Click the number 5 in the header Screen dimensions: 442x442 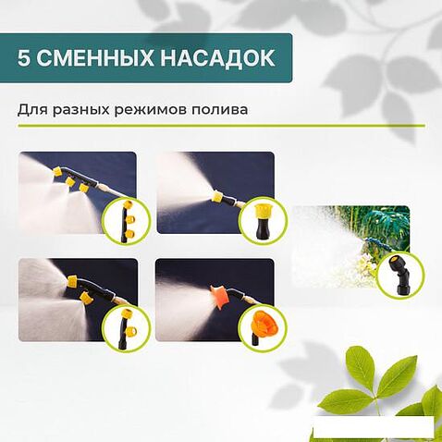pyautogui.click(x=24, y=58)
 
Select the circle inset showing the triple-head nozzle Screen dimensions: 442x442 pyautogui.click(x=121, y=218)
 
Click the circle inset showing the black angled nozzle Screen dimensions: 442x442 pyautogui.click(x=400, y=275)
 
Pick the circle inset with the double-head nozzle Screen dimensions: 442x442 pyautogui.click(x=121, y=325)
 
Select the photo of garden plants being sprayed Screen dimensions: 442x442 pyautogui.click(x=338, y=245)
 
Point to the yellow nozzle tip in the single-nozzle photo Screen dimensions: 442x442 pyautogui.click(x=217, y=196)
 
